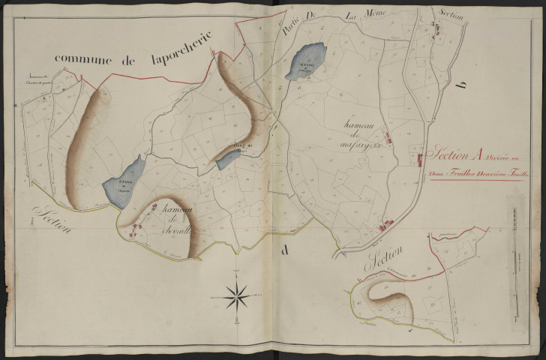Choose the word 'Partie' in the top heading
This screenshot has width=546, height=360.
[289, 30]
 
